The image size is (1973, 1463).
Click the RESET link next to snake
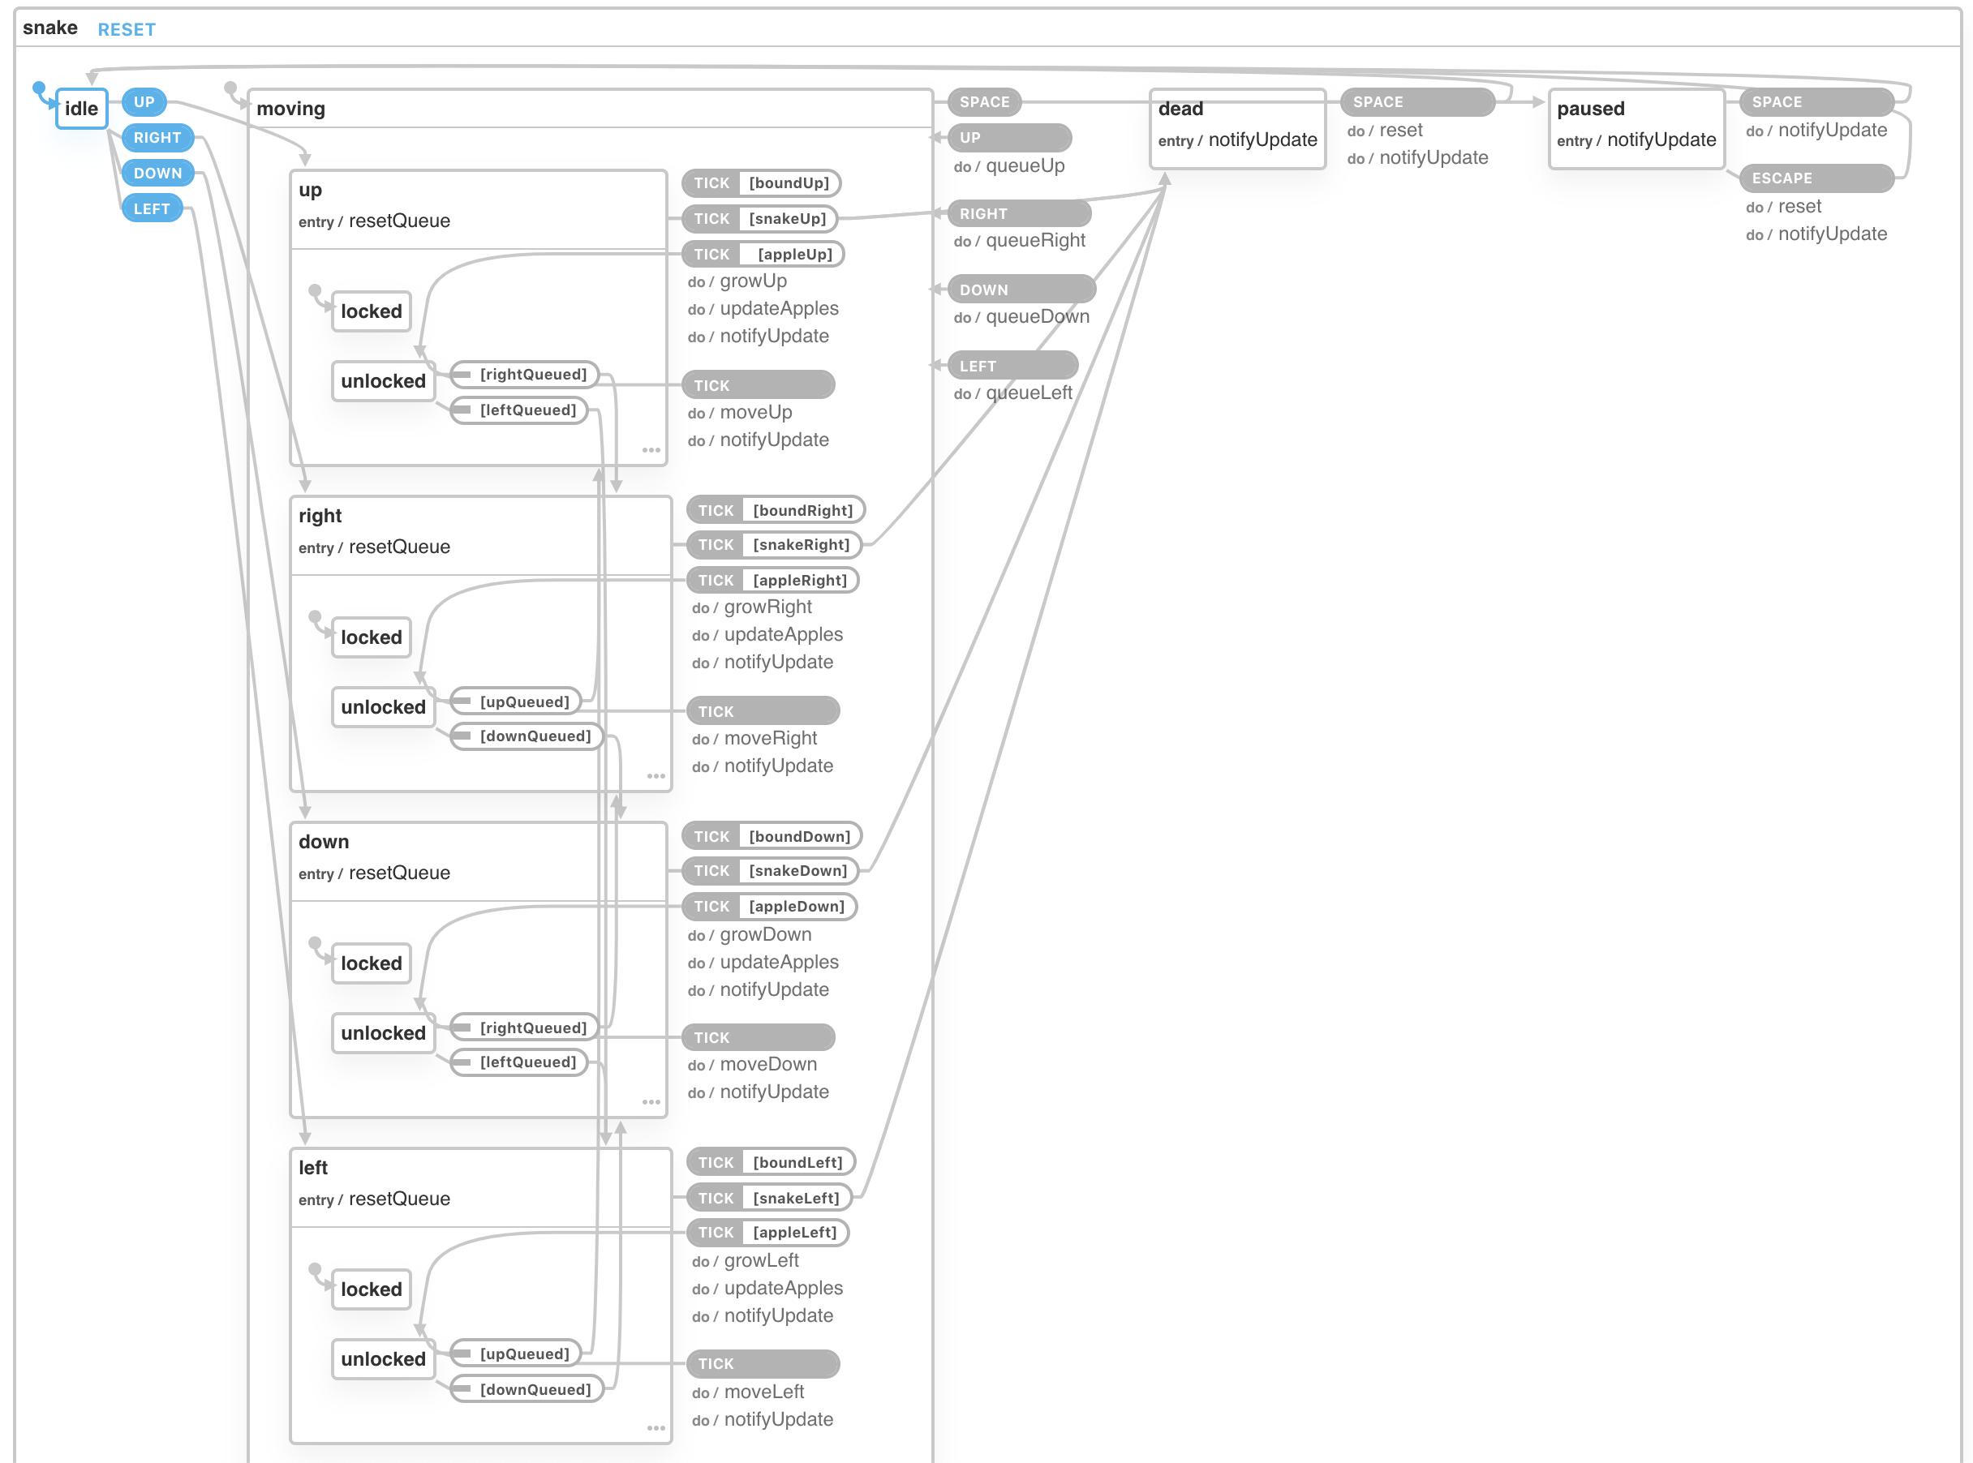click(127, 29)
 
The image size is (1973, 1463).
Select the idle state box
click(81, 108)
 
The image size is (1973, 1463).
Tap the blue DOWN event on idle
click(157, 173)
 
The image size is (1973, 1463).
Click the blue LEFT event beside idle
click(152, 208)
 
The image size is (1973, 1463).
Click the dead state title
click(1180, 109)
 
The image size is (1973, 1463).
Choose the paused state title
click(1590, 109)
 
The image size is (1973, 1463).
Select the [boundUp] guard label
click(789, 182)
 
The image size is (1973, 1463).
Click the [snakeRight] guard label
click(800, 545)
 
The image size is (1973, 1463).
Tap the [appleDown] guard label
click(796, 906)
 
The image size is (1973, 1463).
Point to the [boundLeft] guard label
click(797, 1162)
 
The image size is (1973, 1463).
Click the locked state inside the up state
click(372, 311)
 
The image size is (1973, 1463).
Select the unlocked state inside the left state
click(383, 1358)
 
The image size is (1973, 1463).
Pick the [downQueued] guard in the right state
click(535, 736)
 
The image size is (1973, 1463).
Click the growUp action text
click(753, 281)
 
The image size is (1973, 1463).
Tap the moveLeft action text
click(763, 1392)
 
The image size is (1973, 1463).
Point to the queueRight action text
click(1035, 240)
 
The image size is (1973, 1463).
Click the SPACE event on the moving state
click(984, 102)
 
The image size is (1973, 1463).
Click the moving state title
click(290, 109)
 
